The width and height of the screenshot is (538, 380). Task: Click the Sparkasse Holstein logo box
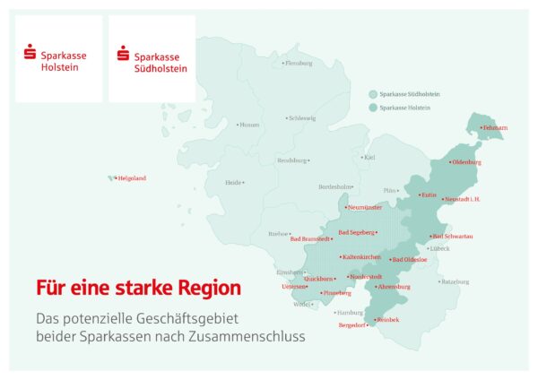tap(58, 58)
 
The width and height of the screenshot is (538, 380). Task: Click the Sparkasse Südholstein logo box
tap(152, 58)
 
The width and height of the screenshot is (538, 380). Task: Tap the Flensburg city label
tap(298, 64)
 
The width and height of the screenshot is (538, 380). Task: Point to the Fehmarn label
tap(495, 128)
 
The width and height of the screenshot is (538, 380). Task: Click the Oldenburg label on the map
tap(466, 162)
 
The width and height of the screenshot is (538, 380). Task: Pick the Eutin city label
tap(428, 194)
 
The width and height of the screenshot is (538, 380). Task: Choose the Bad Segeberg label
tap(357, 232)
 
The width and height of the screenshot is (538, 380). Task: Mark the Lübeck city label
tap(438, 248)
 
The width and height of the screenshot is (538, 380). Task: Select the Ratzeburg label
tap(455, 281)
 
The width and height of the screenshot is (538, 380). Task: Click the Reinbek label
tap(387, 320)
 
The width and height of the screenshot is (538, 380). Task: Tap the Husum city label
tap(249, 125)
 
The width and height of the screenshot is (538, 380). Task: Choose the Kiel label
tap(369, 157)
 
